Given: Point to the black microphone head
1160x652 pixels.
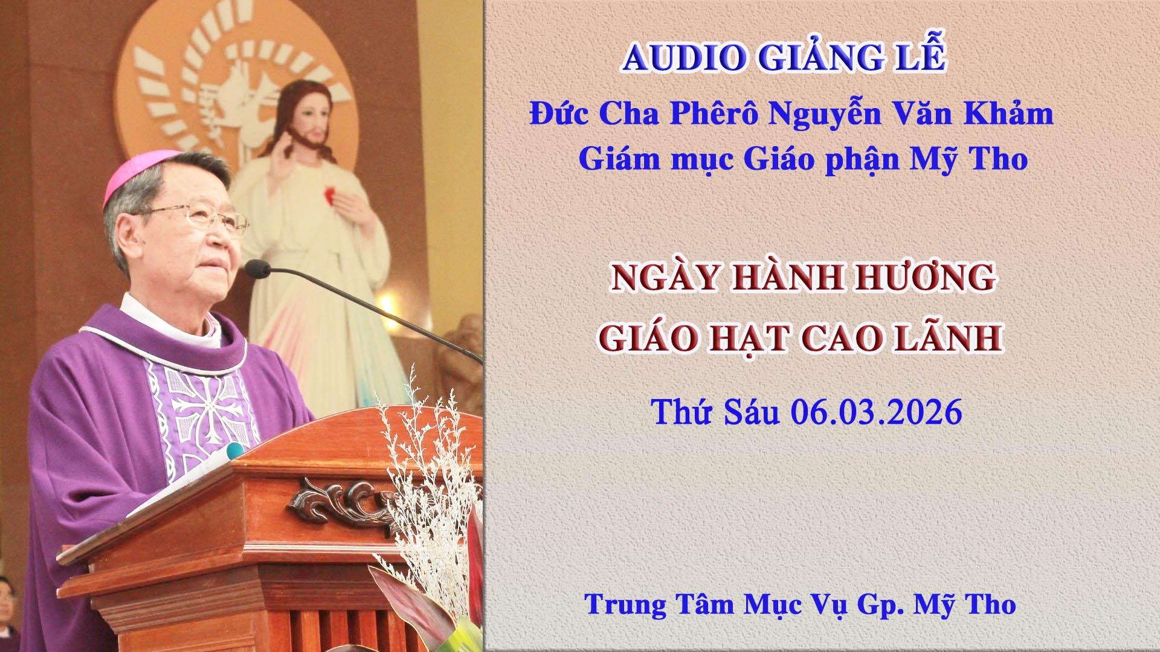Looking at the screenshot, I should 257,269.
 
